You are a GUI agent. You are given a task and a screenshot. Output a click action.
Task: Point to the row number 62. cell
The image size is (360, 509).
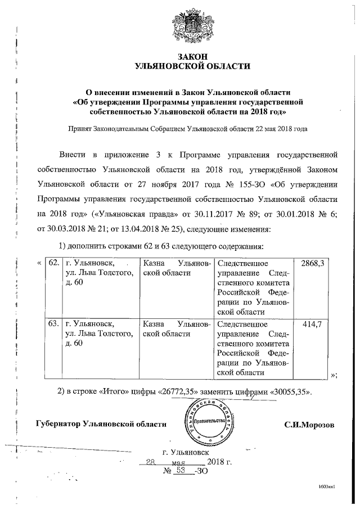53,263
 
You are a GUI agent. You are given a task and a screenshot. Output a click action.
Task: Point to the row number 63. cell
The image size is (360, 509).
53,324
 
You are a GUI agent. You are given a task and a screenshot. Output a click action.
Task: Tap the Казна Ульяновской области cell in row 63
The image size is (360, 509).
177,329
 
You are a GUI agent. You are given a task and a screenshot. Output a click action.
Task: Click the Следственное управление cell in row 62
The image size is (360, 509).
253,287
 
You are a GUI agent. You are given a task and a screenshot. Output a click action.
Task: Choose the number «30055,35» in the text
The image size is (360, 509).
289,391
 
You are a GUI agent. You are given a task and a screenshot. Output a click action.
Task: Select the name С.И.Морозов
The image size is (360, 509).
309,424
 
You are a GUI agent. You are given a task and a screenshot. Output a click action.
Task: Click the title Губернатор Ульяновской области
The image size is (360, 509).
101,424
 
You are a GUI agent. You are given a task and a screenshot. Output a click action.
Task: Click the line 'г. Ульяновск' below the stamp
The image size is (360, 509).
184,451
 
